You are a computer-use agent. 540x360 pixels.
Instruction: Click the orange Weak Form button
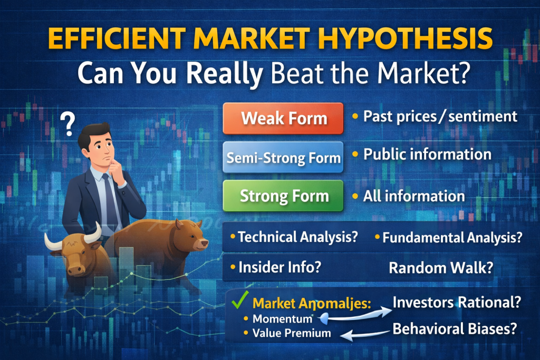[x=284, y=119]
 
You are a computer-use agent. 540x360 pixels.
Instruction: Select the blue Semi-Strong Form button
[x=284, y=157]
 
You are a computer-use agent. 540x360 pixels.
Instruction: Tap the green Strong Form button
[x=284, y=197]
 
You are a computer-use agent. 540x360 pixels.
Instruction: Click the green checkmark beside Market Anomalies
[x=239, y=303]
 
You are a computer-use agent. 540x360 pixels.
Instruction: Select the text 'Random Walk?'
[x=441, y=268]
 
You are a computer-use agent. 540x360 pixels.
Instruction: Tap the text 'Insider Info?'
[x=279, y=267]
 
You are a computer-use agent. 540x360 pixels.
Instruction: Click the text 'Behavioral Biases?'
[x=454, y=329]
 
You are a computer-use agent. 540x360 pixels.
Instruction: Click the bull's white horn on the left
[x=52, y=242]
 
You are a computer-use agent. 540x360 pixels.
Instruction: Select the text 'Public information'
[x=427, y=154]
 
